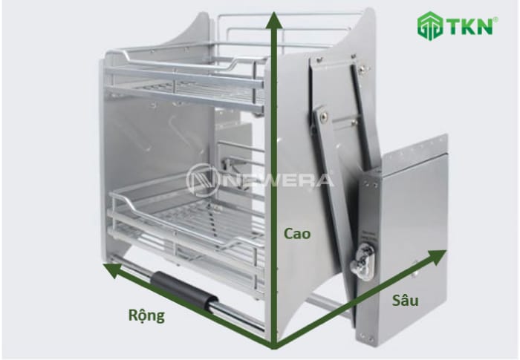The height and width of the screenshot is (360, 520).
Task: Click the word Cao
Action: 297,234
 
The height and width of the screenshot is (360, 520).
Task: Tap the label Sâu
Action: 405,300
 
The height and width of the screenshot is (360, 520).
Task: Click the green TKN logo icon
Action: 430,26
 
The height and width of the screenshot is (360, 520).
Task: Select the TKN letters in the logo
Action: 470,27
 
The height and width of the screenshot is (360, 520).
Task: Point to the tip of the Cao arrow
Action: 273,12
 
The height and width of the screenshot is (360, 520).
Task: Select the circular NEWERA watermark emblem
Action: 201,181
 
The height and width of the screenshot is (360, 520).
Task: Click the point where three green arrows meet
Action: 274,347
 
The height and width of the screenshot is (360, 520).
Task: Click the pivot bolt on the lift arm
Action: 322,115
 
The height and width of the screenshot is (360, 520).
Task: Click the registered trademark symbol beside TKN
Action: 495,20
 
